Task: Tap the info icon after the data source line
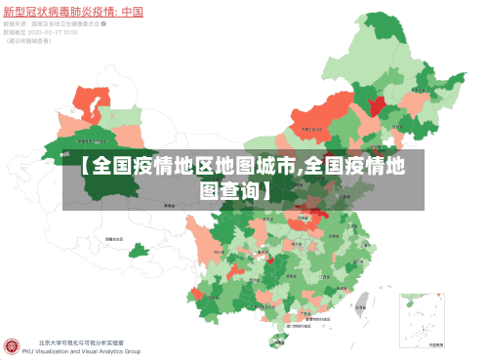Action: coord(103,23)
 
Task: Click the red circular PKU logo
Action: coord(12,346)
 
